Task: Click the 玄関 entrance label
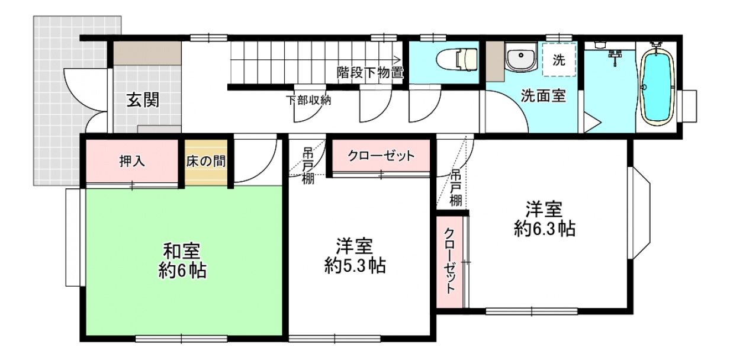point(143,99)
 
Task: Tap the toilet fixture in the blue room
point(457,59)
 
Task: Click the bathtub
point(657,87)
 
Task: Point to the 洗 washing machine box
point(559,60)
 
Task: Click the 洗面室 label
point(544,95)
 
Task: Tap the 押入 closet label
point(132,161)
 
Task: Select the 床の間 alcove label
point(206,161)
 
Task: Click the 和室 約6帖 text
point(182,261)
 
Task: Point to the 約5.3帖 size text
point(355,265)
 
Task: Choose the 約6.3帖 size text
point(545,229)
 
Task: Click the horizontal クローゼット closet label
point(381,156)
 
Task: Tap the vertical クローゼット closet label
point(450,262)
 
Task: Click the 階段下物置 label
point(370,72)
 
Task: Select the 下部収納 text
point(308,100)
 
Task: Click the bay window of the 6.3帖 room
point(639,213)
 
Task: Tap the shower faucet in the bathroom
point(615,57)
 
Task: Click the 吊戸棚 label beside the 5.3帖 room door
point(308,166)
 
